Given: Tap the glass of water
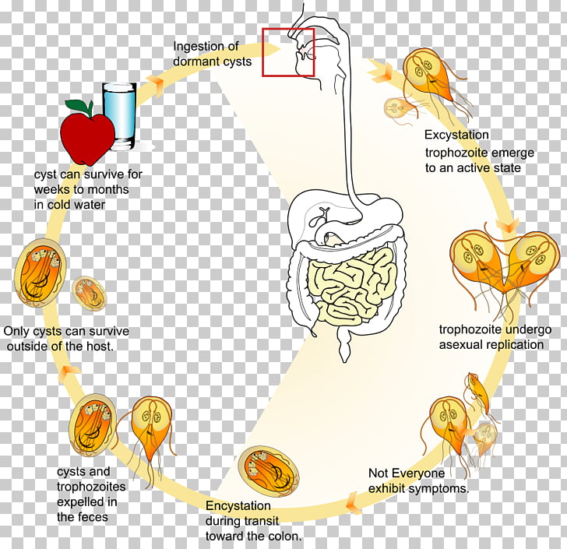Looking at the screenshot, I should point(120,116).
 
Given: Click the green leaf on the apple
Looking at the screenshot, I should point(78,106).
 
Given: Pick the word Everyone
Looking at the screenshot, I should point(417,473).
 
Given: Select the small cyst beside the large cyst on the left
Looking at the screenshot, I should point(90,293).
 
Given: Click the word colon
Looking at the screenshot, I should point(280,536).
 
